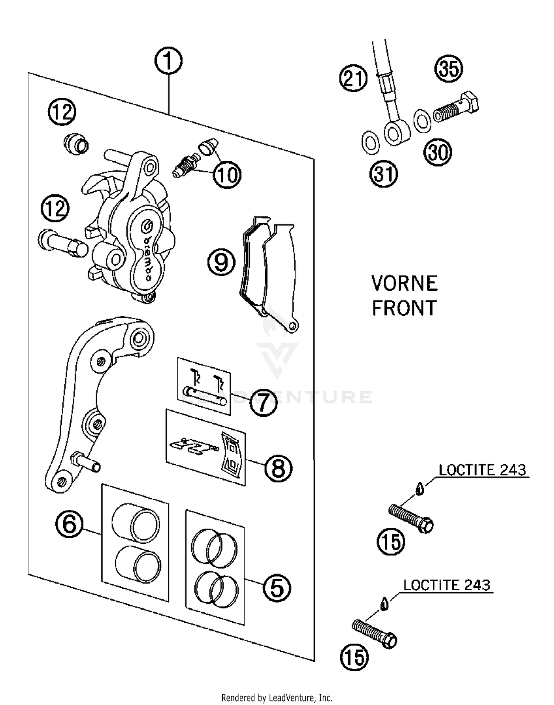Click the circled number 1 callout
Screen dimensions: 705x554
[168, 61]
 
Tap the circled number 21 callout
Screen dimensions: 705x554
[353, 78]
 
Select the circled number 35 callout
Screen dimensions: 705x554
[449, 69]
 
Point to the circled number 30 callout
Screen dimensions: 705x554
[438, 152]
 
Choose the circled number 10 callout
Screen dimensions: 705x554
[227, 175]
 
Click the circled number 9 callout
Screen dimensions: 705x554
[221, 262]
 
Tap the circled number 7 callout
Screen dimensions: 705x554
[263, 402]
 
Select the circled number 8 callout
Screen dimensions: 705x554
[278, 468]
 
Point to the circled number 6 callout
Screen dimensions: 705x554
[69, 524]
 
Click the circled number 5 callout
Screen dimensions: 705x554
[277, 588]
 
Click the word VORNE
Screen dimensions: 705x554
[404, 283]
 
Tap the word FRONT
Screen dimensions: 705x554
[404, 308]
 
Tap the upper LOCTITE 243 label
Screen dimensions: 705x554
[482, 470]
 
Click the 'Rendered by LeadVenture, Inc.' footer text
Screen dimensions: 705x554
[277, 698]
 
